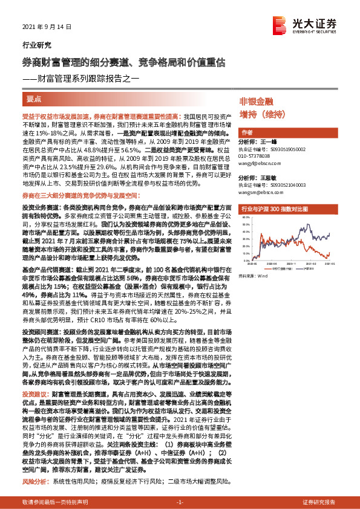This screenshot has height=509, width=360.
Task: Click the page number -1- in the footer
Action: tap(180, 502)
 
